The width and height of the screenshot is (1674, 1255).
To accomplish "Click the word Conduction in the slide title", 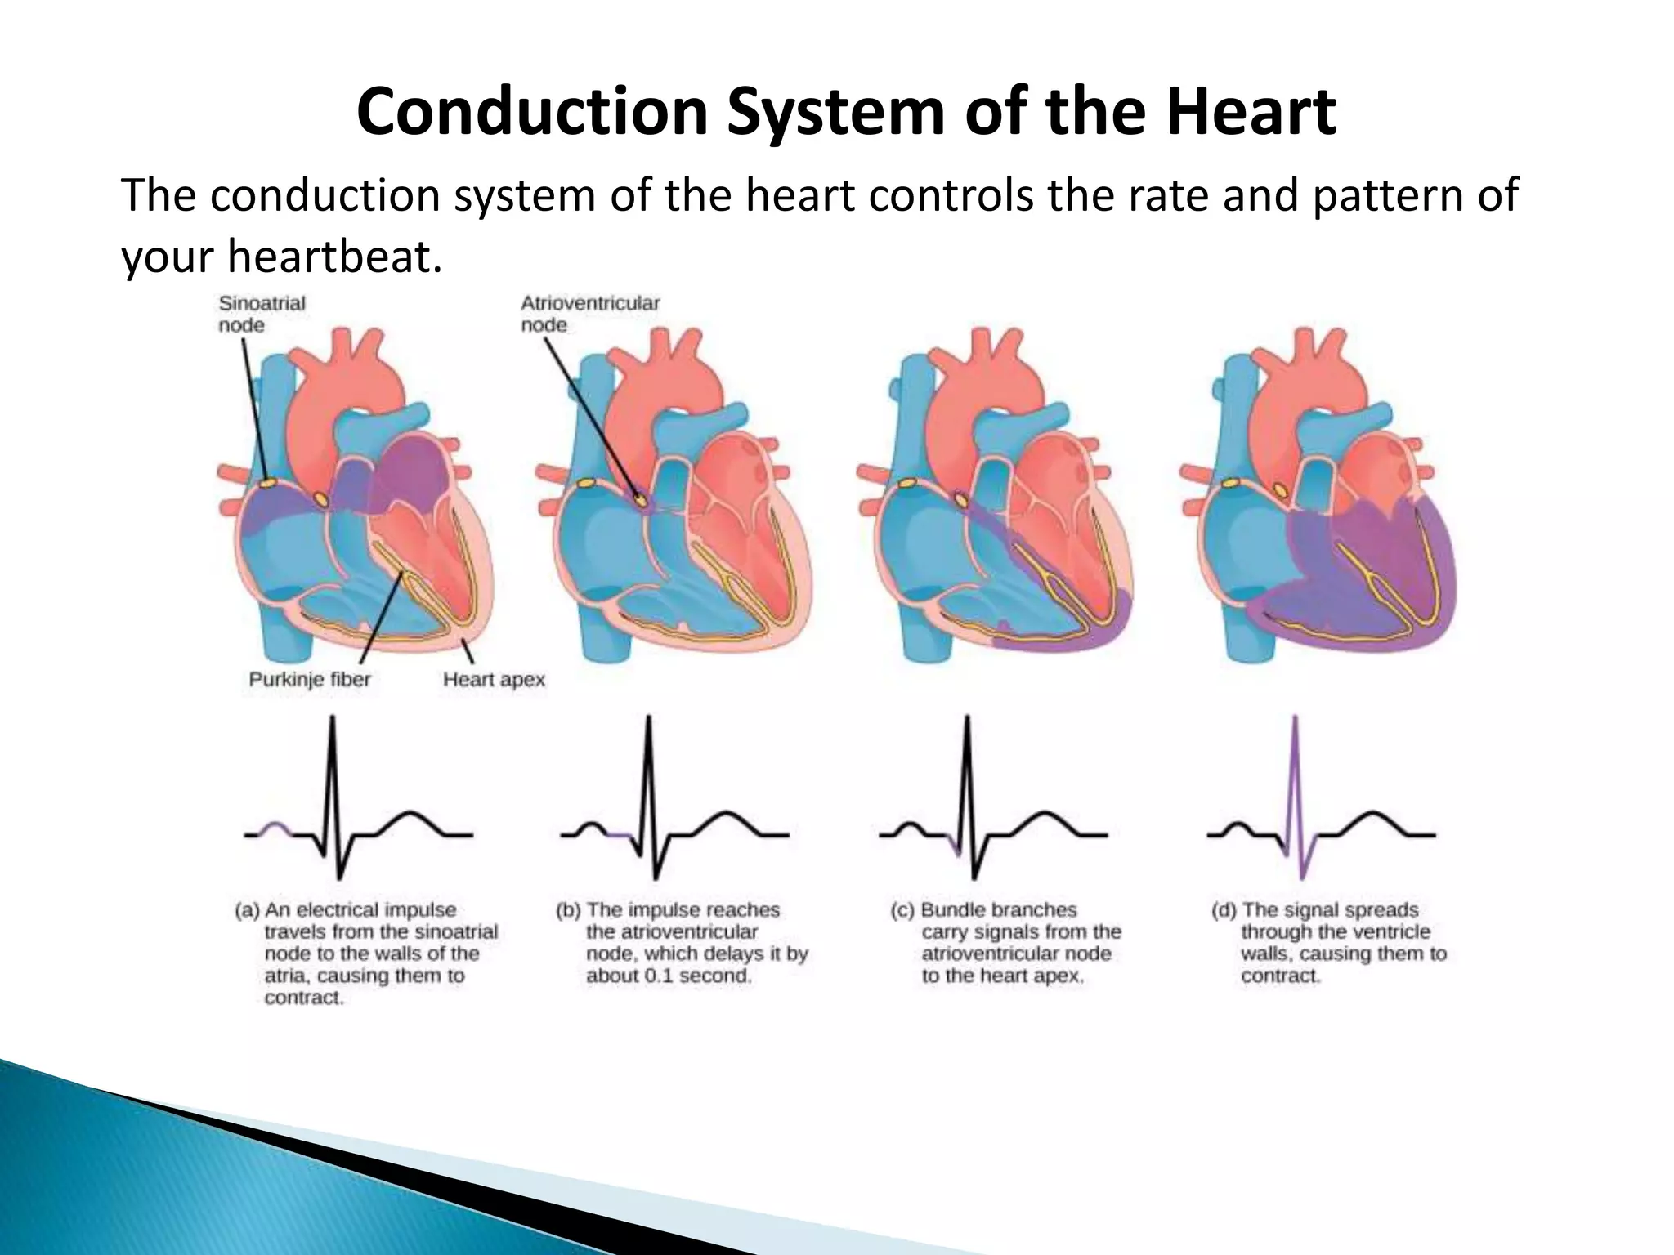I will point(531,112).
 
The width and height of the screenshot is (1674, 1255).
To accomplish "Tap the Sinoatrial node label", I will point(262,314).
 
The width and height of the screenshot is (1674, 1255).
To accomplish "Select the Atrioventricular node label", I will point(589,314).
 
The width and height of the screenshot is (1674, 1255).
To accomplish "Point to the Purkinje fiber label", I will point(309,679).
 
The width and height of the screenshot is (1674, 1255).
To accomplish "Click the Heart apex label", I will point(494,679).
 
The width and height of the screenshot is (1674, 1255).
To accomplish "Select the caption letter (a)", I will point(247,910).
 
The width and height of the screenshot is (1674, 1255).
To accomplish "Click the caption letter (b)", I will point(568,910).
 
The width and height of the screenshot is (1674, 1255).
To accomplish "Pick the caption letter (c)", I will point(902,910).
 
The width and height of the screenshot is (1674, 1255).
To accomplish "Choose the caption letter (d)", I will point(1224,910).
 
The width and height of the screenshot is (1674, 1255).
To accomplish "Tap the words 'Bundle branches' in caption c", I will point(999,910).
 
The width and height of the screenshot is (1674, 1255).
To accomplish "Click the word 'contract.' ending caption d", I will point(1280,976).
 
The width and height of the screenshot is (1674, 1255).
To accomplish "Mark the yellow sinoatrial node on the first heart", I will point(266,485).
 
